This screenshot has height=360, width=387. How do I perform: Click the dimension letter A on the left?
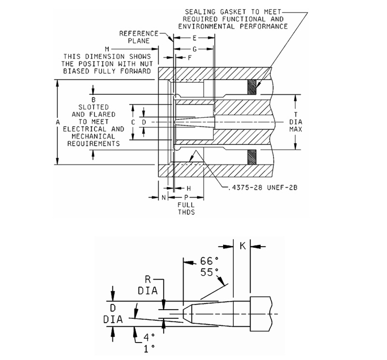[57, 123]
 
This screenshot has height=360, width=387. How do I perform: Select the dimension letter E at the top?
[194, 38]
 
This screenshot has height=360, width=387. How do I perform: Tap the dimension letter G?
[194, 49]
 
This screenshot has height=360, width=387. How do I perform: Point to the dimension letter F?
[190, 58]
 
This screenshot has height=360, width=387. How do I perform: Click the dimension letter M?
[107, 49]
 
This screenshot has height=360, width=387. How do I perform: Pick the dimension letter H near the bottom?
[189, 188]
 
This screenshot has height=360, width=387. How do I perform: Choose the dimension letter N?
[164, 198]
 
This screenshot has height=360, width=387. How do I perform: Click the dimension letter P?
[186, 198]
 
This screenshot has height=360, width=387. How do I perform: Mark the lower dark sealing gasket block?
[251, 157]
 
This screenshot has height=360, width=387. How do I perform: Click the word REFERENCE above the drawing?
[139, 33]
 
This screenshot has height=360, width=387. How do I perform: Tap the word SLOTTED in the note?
[96, 106]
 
